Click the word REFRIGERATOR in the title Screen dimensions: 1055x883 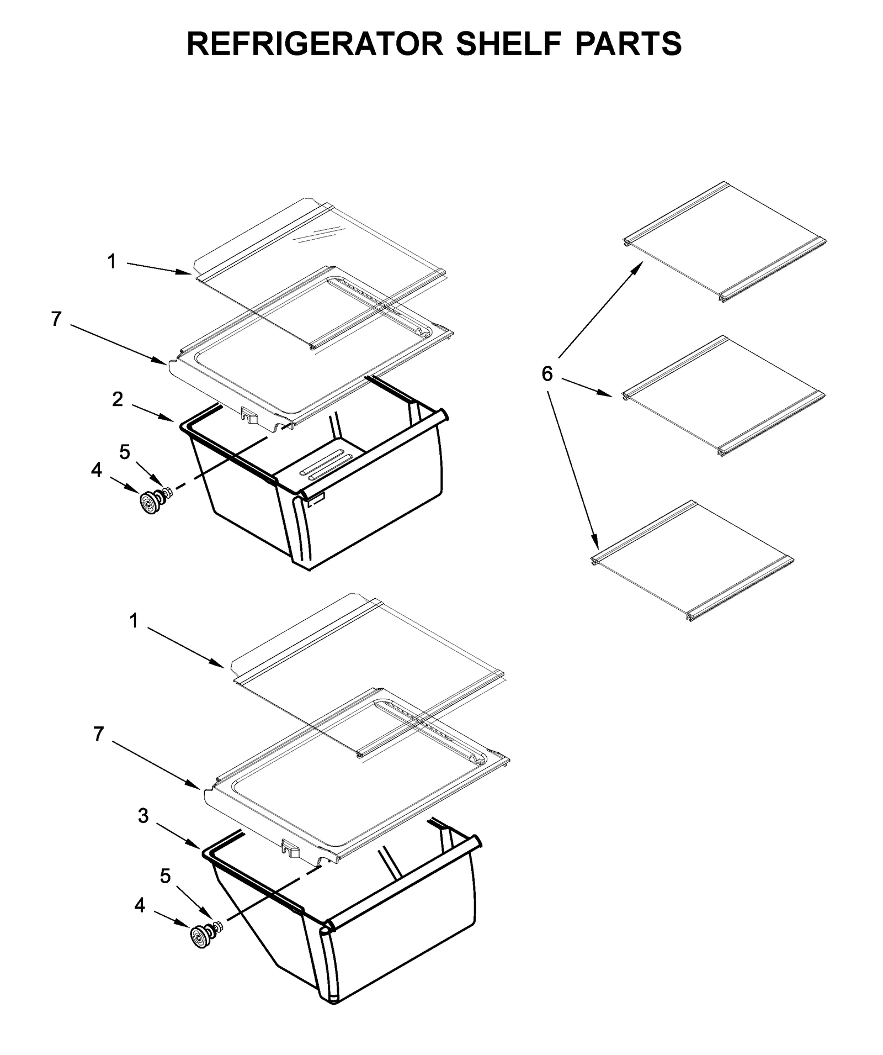[315, 44]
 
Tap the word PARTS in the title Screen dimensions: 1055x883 [628, 44]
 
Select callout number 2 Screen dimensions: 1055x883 [118, 399]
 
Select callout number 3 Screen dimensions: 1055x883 [143, 816]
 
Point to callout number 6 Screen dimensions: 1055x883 [546, 374]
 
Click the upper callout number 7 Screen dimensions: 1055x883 [56, 319]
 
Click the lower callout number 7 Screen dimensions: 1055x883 [98, 734]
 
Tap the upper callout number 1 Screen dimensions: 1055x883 [112, 261]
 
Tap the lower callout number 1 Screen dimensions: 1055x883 [134, 621]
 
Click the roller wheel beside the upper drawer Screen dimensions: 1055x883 [149, 503]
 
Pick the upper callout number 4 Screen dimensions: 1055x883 [97, 470]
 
